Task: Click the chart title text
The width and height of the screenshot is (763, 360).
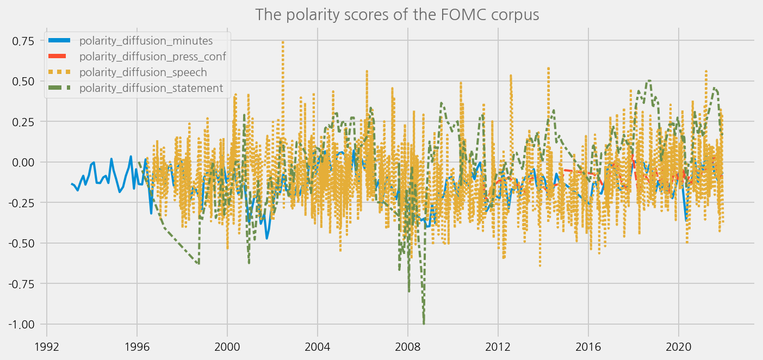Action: (x=397, y=14)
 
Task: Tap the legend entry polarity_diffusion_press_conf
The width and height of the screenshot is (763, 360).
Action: (x=152, y=56)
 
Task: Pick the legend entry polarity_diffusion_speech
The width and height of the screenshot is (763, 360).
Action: (x=142, y=72)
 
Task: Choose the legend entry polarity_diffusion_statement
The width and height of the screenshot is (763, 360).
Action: (x=151, y=88)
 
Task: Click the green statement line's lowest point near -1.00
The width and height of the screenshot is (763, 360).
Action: (x=424, y=324)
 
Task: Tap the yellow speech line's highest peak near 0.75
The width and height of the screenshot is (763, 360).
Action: (x=283, y=41)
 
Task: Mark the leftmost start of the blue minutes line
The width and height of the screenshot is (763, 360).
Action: (x=72, y=184)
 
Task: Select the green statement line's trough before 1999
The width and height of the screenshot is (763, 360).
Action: (x=198, y=264)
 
